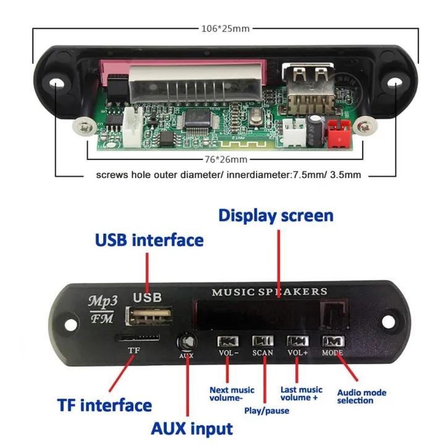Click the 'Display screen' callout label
click(276, 216)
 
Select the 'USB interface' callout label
click(149, 240)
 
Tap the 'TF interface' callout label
click(104, 405)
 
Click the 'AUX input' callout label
click(192, 428)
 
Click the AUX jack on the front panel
click(186, 342)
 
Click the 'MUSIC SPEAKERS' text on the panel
click(269, 292)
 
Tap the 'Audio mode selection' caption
click(362, 396)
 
